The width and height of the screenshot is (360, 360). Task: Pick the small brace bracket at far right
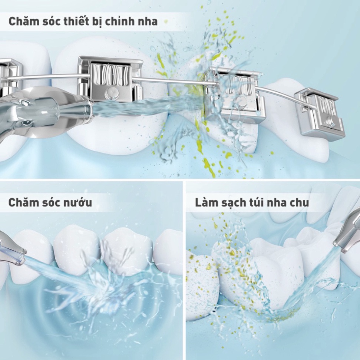pyautogui.click(x=320, y=111)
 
